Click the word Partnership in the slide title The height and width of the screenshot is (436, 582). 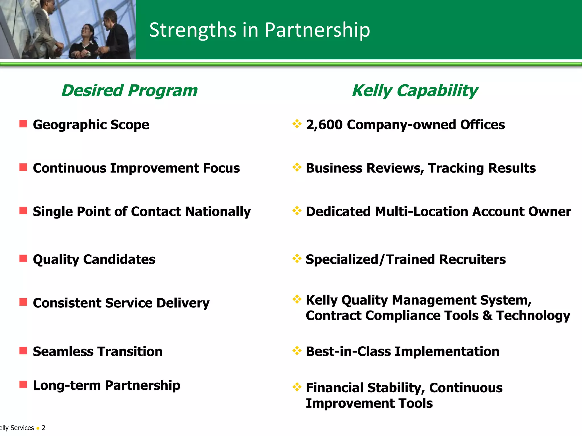[x=317, y=30]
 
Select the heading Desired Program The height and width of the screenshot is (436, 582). [x=129, y=91]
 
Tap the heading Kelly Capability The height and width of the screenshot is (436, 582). [x=415, y=91]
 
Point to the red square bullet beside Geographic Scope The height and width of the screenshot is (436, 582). [x=23, y=124]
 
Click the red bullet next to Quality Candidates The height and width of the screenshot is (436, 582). [x=23, y=259]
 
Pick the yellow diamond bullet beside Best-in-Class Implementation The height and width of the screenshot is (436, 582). [x=297, y=351]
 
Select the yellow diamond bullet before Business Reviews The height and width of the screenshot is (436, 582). [x=297, y=167]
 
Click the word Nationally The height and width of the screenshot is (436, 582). [x=218, y=212]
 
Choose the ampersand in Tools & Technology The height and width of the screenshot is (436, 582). [x=487, y=316]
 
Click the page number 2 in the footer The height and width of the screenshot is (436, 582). [x=43, y=428]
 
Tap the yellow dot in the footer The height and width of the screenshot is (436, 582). [x=38, y=428]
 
